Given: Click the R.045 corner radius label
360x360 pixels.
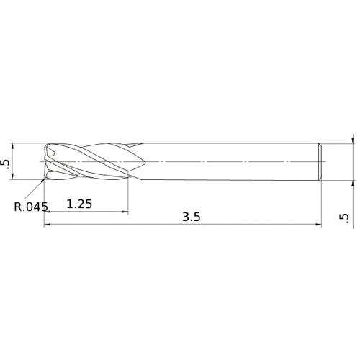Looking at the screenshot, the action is click(x=31, y=207).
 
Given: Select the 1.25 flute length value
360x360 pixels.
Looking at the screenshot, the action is click(x=79, y=204).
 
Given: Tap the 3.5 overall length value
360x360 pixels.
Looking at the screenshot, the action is click(x=192, y=217).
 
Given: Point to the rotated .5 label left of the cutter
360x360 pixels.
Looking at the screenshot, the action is click(x=6, y=165).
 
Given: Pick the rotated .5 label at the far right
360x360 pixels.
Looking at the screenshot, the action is click(x=344, y=218).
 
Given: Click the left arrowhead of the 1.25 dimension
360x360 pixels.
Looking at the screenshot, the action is click(x=47, y=212).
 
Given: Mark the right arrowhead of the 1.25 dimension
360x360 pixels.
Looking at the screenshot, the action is click(x=125, y=212).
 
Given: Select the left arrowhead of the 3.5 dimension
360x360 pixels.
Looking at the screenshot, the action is click(x=47, y=225).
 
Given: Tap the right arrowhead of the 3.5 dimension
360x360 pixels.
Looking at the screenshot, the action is click(x=318, y=225).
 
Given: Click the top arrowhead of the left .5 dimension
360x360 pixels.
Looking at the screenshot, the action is click(x=13, y=146).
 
